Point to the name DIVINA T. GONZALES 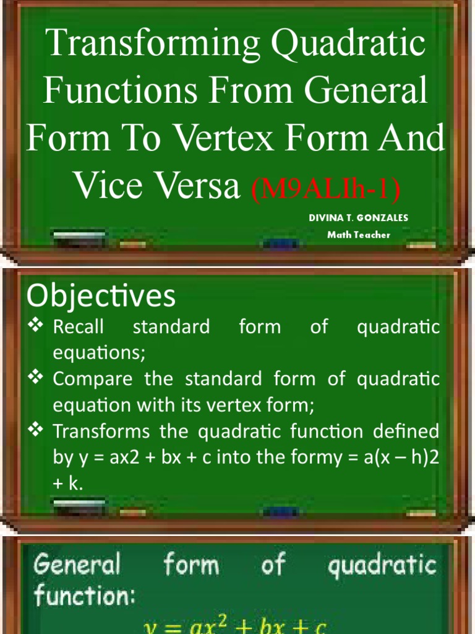tap(359, 217)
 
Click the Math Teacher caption tap(359, 235)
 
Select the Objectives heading tap(101, 297)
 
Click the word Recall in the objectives tap(79, 327)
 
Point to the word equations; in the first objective tap(100, 353)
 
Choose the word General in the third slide tap(77, 565)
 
